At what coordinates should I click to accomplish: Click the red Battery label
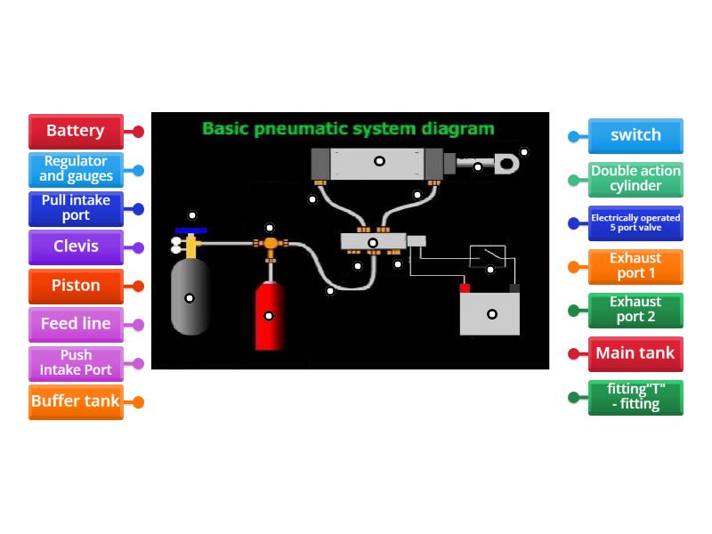pyautogui.click(x=76, y=131)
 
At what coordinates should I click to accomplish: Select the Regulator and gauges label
pyautogui.click(x=76, y=169)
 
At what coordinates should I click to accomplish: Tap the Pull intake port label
pyautogui.click(x=76, y=208)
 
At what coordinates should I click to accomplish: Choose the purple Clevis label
pyautogui.click(x=76, y=247)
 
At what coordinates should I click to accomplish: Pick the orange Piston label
pyautogui.click(x=76, y=286)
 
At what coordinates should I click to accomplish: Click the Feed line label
pyautogui.click(x=76, y=324)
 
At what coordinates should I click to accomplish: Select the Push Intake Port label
pyautogui.click(x=76, y=362)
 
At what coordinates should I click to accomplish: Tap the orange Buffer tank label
pyautogui.click(x=76, y=401)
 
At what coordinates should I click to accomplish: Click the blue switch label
pyautogui.click(x=635, y=136)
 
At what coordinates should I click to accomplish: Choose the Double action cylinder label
pyautogui.click(x=635, y=179)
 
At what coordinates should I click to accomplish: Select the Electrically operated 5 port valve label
pyautogui.click(x=635, y=222)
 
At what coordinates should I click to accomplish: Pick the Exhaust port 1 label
pyautogui.click(x=635, y=266)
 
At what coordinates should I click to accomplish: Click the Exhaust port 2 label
pyautogui.click(x=635, y=310)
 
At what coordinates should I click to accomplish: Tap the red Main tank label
pyautogui.click(x=635, y=353)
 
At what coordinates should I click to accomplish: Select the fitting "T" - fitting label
pyautogui.click(x=635, y=397)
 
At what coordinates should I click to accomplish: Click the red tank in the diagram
pyautogui.click(x=270, y=316)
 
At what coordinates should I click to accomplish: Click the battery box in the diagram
pyautogui.click(x=489, y=313)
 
